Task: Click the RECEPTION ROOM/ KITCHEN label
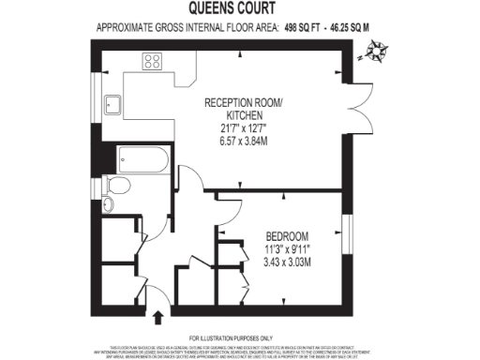241,108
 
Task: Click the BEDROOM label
287,235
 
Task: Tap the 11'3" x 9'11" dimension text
287,248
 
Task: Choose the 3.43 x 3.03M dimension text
287,261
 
